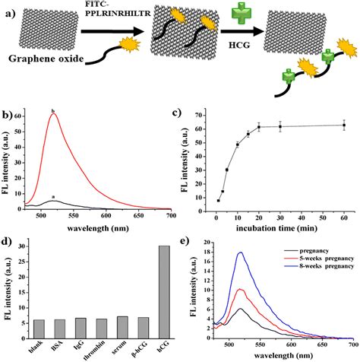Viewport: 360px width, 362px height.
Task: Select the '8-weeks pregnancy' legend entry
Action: coord(317,267)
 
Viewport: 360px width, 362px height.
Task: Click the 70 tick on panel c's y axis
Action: coord(202,115)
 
